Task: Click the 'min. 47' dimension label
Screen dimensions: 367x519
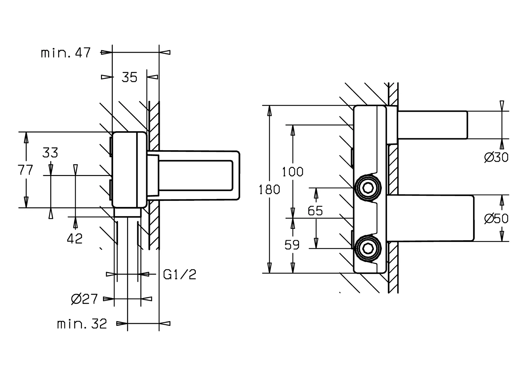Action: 66,53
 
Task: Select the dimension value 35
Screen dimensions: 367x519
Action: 129,78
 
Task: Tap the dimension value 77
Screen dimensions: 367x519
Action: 26,170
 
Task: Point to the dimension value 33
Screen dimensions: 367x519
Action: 50,153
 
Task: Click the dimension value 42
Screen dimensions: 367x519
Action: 75,239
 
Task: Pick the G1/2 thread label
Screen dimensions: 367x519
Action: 180,274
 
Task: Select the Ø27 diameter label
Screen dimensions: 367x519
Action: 85,299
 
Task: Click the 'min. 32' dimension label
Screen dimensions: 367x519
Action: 82,324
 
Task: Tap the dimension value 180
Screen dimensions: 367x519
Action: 270,190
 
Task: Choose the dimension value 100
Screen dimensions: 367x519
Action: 293,172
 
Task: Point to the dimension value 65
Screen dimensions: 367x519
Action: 315,211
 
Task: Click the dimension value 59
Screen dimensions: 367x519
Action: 292,245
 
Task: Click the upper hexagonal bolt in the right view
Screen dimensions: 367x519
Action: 367,188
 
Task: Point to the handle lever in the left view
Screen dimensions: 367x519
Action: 197,175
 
